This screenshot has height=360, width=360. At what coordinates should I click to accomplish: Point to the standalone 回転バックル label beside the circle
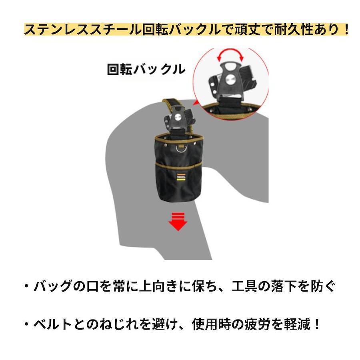click(146, 69)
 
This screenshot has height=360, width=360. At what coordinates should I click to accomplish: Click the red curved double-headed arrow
click(230, 54)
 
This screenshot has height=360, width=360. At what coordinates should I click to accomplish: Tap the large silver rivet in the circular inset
click(230, 80)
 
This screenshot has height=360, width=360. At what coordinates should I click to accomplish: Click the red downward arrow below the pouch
click(178, 222)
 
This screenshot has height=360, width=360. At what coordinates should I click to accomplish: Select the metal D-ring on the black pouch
click(181, 149)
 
